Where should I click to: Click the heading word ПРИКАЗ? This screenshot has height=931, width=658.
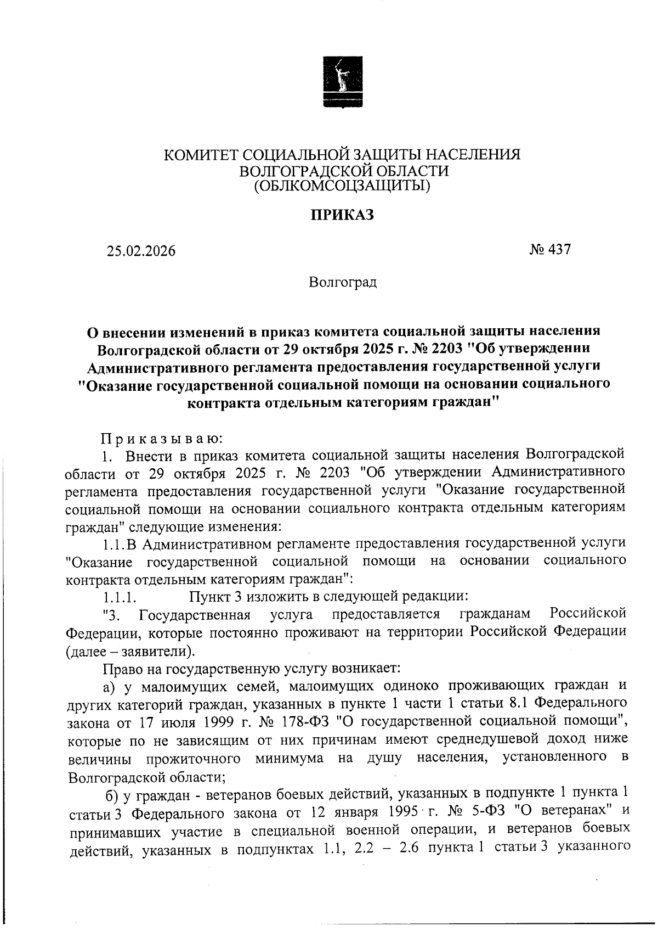tap(342, 215)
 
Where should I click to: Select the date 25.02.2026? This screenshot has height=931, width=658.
tap(141, 251)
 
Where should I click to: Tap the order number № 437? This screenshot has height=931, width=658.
tap(550, 250)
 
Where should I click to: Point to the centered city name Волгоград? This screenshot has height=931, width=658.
tap(343, 283)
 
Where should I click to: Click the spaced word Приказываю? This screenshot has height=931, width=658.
tap(162, 438)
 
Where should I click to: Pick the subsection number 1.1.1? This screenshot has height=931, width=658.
tap(119, 597)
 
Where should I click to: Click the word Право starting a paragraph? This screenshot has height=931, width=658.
tap(122, 669)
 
